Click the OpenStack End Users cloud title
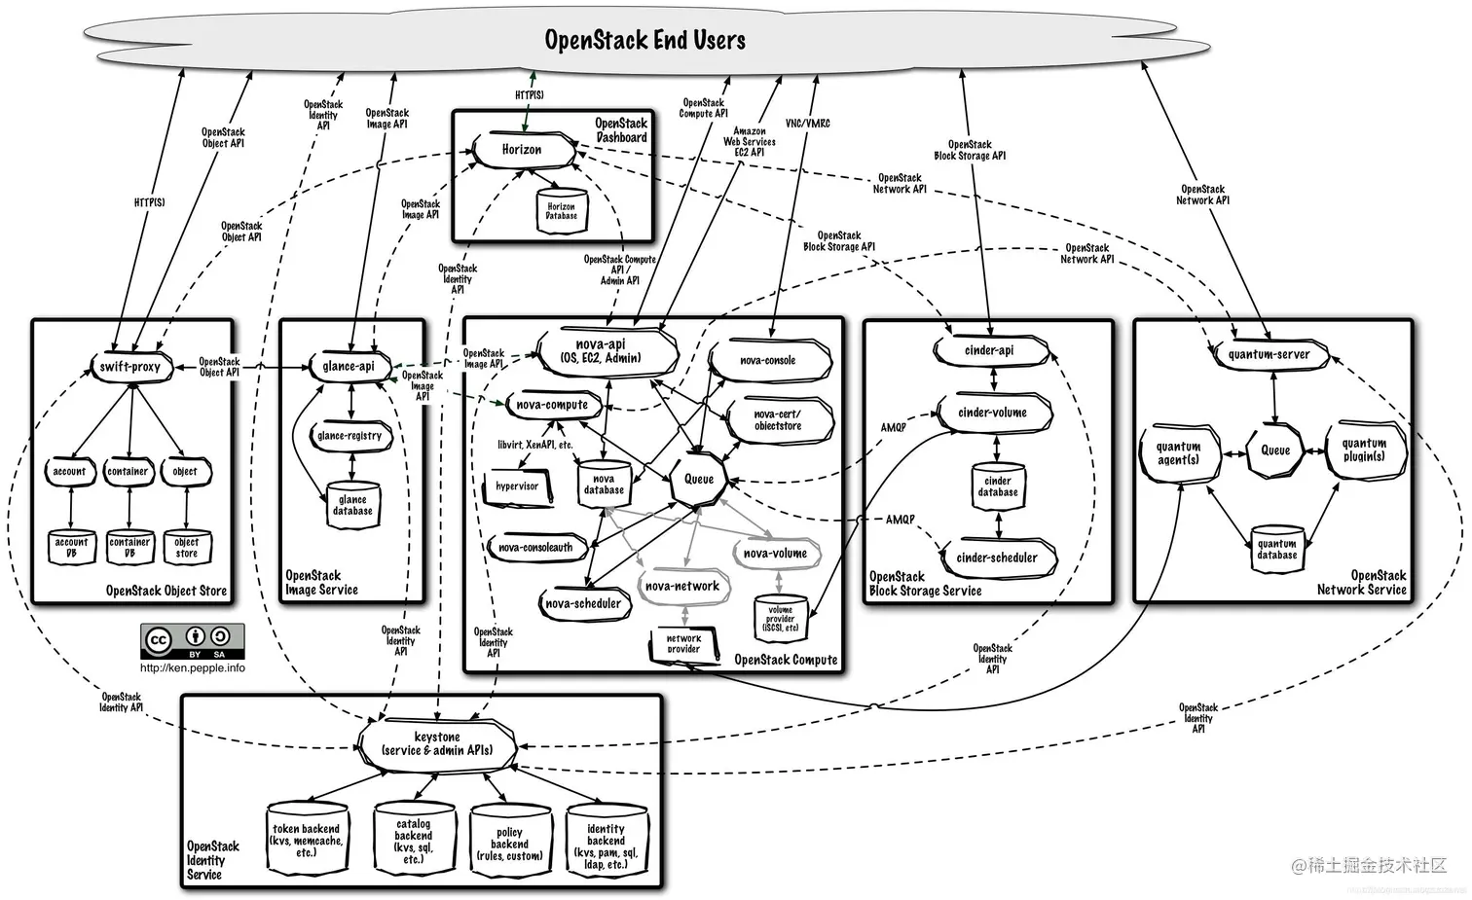(x=644, y=40)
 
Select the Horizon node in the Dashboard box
(x=522, y=150)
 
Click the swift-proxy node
(x=129, y=367)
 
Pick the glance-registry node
(x=350, y=436)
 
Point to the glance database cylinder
(x=352, y=505)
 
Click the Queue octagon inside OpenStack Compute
(x=699, y=479)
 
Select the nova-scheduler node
(x=583, y=603)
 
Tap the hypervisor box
(x=517, y=486)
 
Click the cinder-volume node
(x=992, y=413)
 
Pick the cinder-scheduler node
(x=996, y=558)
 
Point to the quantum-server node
(x=1269, y=355)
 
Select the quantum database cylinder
(x=1276, y=549)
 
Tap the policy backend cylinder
(x=509, y=844)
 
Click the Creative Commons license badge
(x=192, y=642)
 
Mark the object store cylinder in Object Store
(x=186, y=547)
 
